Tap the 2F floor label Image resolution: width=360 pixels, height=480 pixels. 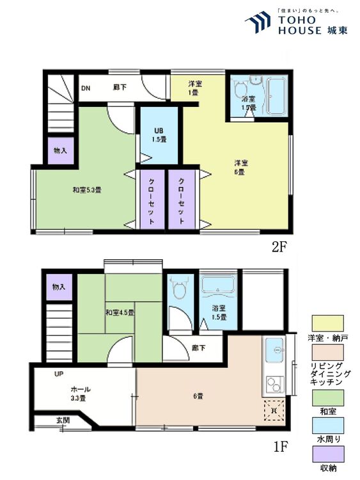point(278,248)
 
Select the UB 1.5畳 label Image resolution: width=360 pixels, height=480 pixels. point(159,136)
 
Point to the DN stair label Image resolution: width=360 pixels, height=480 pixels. point(85,88)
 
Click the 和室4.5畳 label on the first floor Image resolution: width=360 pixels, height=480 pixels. point(120,313)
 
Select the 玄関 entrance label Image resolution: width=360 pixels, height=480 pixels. point(63,420)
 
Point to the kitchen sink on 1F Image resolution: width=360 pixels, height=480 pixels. point(277,351)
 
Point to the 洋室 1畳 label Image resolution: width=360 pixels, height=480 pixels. point(193,88)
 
